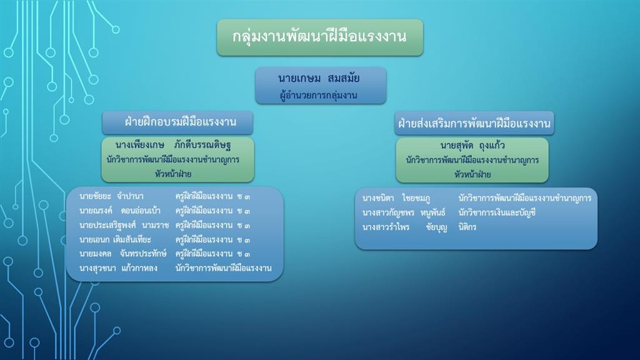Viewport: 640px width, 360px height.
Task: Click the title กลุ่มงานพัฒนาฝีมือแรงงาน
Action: click(319, 37)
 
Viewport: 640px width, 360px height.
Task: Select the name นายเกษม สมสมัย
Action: click(319, 78)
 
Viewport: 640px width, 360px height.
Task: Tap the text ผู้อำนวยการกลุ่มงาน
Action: click(318, 95)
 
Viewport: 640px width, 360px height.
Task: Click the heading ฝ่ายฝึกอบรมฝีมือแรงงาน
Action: click(181, 122)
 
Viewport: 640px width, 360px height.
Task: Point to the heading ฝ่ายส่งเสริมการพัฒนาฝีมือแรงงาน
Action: click(474, 123)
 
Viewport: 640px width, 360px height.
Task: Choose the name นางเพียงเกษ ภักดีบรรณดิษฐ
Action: click(174, 144)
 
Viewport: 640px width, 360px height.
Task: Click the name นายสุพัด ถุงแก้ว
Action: click(472, 145)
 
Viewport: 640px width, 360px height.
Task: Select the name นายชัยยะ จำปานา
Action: click(111, 196)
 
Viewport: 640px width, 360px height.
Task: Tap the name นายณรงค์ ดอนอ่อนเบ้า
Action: click(120, 211)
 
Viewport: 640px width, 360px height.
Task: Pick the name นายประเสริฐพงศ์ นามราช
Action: click(124, 225)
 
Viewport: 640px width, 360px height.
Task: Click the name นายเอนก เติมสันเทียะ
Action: click(115, 239)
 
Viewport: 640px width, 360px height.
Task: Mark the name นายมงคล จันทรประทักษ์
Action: click(123, 254)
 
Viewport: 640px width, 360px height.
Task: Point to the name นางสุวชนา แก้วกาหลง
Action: click(118, 268)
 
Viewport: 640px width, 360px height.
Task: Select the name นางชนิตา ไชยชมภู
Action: click(396, 198)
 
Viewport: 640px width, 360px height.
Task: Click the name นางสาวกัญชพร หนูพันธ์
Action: click(404, 212)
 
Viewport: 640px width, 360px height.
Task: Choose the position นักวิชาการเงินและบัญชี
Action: click(497, 212)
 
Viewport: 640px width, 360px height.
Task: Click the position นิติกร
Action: click(467, 227)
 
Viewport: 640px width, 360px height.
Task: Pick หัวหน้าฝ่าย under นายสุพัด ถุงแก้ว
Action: click(472, 174)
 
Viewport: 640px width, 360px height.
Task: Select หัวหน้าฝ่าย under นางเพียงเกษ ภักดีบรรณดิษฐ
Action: click(173, 174)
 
